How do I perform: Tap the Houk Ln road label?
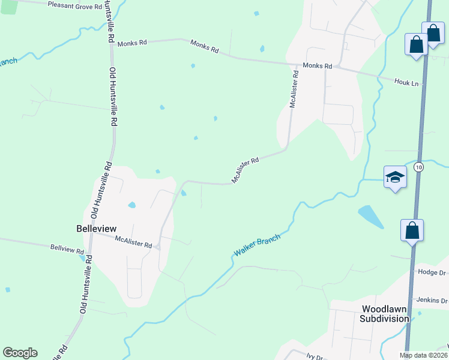(406, 82)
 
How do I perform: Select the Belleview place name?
(96, 229)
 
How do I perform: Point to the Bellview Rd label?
(67, 247)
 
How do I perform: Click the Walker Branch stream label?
(256, 246)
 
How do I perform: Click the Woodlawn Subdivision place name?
(384, 314)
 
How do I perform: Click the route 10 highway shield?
(418, 167)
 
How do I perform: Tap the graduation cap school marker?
(395, 177)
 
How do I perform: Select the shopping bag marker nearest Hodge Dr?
(412, 230)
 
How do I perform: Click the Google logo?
(20, 353)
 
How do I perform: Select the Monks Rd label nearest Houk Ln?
(317, 65)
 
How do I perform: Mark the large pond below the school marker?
(370, 217)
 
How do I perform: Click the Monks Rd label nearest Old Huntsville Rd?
(132, 43)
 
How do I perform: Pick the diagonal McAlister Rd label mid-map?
(245, 170)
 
